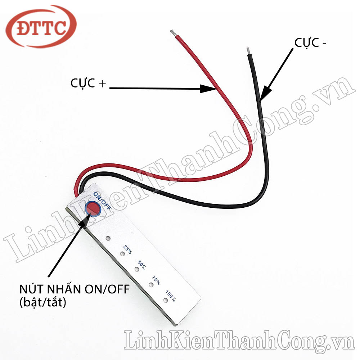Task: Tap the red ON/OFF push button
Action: point(93,208)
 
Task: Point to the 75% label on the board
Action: point(156,280)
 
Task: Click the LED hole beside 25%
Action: point(123,254)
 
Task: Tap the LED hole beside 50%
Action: point(137,269)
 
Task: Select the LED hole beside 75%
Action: point(152,285)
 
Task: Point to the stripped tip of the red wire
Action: point(173,33)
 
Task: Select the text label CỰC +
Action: point(88,84)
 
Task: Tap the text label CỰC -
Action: point(311,43)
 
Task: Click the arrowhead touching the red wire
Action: point(207,88)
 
